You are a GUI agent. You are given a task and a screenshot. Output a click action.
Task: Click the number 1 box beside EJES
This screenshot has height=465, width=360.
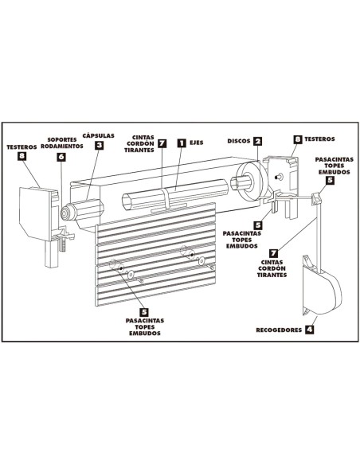(x=182, y=143)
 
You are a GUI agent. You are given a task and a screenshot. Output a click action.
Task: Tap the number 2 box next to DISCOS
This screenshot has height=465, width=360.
(x=258, y=141)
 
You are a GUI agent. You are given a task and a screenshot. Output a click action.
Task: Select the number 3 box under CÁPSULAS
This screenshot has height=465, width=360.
(x=99, y=145)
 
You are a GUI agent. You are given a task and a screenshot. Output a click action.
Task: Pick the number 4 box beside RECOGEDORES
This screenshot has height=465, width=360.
(x=309, y=329)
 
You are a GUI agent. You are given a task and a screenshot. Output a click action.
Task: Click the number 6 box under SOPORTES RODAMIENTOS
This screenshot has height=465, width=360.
(x=61, y=157)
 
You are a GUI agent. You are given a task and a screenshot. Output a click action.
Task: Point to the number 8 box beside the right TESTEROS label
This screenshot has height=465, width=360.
(x=298, y=139)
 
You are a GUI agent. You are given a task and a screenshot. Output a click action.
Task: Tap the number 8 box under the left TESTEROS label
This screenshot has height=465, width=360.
(x=22, y=156)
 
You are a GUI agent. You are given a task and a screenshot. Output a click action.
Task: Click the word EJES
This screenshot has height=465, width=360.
(x=197, y=143)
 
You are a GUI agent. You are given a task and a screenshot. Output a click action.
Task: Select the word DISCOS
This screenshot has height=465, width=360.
(x=239, y=141)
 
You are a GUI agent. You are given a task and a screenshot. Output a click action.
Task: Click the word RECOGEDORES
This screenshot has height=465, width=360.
(x=279, y=330)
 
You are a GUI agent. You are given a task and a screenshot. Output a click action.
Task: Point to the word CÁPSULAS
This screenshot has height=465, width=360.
(x=99, y=135)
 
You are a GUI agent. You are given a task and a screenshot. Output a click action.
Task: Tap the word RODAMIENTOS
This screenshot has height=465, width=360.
(x=62, y=147)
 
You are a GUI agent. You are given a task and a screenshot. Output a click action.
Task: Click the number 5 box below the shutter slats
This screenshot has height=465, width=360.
(x=144, y=312)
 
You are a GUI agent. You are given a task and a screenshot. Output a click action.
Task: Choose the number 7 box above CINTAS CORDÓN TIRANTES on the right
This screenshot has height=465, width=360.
(x=273, y=253)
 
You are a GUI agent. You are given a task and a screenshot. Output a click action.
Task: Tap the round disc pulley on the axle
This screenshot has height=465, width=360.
(x=251, y=182)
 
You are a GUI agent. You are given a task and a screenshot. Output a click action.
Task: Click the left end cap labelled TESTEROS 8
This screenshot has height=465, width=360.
(x=37, y=213)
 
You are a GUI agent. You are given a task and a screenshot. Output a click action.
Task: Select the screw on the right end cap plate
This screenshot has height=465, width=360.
(x=278, y=177)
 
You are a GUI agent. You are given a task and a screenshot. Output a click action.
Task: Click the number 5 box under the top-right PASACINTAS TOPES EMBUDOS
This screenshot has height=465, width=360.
(x=330, y=181)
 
